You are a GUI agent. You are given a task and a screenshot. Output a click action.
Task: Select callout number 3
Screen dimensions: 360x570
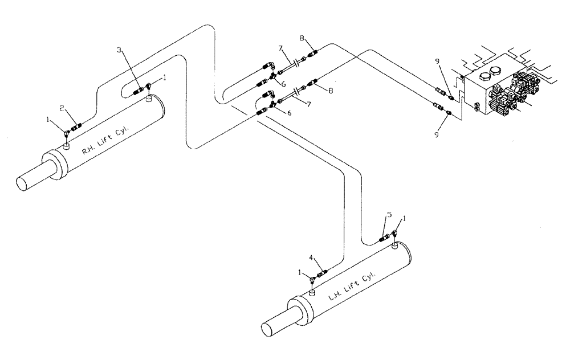[x=119, y=51]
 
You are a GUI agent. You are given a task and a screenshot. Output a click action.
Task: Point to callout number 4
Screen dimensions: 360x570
[x=312, y=257]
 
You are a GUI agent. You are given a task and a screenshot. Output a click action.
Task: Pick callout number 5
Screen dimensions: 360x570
[x=389, y=215]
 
